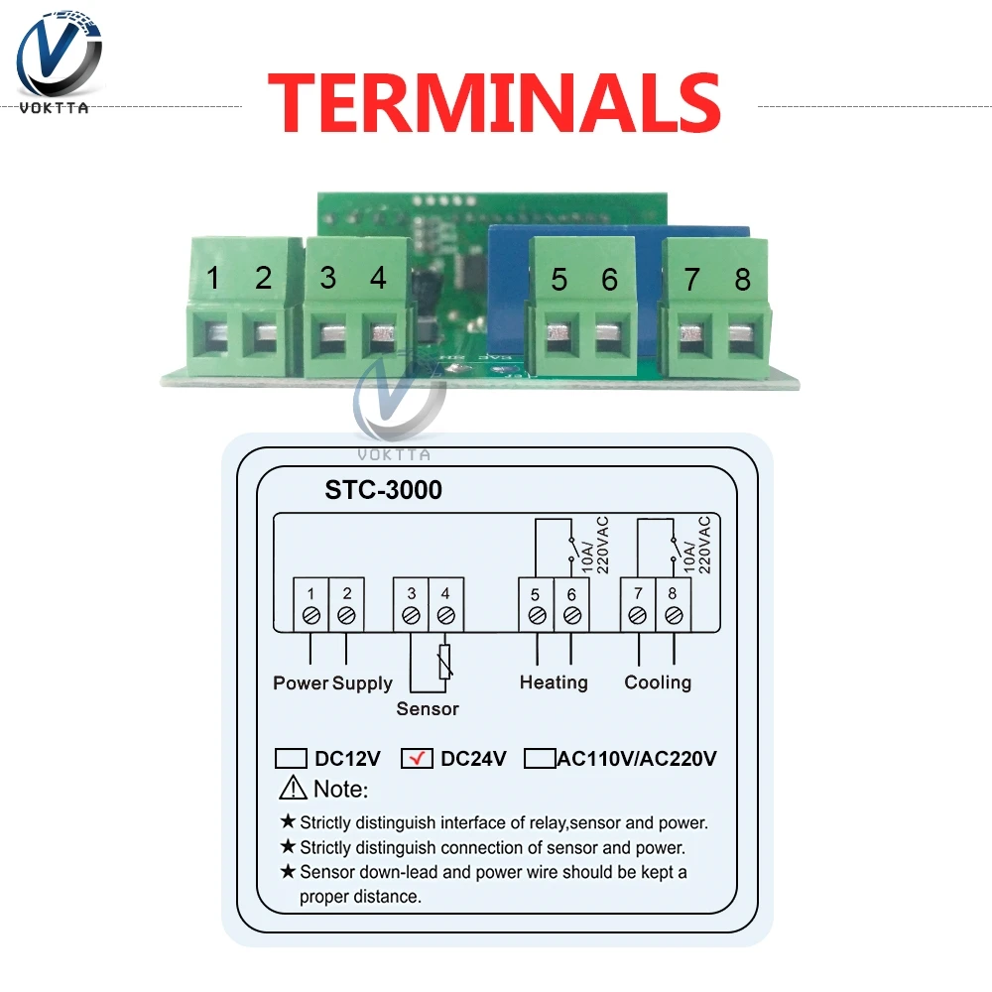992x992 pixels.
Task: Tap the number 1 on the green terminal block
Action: point(212,278)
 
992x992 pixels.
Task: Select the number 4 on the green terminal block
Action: point(378,278)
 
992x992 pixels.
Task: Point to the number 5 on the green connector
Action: point(559,280)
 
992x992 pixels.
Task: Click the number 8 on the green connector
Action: point(742,280)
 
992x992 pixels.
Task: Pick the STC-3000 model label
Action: point(384,490)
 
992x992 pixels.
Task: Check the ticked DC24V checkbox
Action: point(417,759)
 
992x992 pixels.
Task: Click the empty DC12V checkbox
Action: point(291,759)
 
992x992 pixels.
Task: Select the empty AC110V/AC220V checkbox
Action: point(540,759)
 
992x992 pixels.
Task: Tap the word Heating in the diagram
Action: point(554,682)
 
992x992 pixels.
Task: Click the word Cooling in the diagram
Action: point(658,682)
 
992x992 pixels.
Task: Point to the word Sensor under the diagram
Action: point(428,708)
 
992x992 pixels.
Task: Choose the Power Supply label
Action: point(333,682)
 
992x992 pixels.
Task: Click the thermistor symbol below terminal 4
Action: point(445,662)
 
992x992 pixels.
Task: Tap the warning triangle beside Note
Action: point(294,789)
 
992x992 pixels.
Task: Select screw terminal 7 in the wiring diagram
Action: point(638,615)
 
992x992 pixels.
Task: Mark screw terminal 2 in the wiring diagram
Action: point(346,615)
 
